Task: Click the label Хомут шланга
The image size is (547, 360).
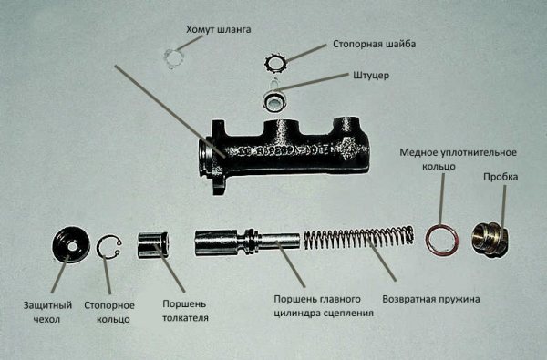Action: click(x=219, y=30)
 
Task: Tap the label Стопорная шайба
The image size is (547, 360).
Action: click(x=374, y=45)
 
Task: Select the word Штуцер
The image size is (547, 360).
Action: click(x=371, y=76)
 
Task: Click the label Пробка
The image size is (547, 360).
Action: click(x=501, y=177)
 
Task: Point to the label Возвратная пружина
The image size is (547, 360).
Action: click(x=431, y=299)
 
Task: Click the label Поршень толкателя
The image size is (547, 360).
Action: click(x=185, y=311)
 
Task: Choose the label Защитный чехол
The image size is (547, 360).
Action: click(x=47, y=313)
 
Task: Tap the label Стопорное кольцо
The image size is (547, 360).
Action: click(x=109, y=313)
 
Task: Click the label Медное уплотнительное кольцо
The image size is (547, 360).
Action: click(x=458, y=159)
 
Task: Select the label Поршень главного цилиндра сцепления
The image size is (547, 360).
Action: click(x=324, y=306)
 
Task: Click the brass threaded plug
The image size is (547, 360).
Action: click(x=490, y=240)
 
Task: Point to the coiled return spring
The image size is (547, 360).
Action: click(x=359, y=238)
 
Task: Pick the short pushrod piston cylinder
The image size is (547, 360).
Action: click(x=153, y=245)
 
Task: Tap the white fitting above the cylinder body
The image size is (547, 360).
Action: click(x=274, y=98)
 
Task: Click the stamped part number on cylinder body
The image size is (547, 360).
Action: click(x=283, y=150)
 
